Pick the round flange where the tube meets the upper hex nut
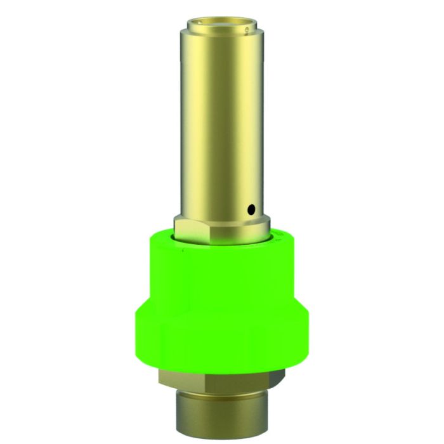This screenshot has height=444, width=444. (222, 218)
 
